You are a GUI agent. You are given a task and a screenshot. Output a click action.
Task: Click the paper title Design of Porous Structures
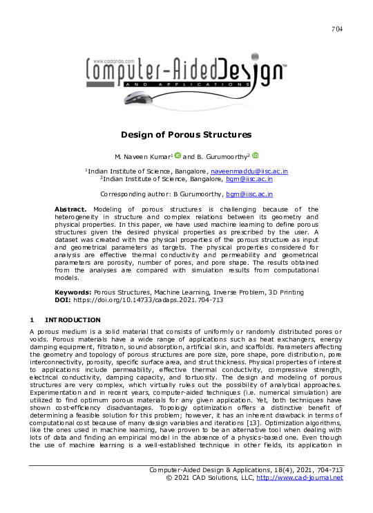[x=186, y=134]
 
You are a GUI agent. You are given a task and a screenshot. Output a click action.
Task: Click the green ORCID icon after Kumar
[x=178, y=156]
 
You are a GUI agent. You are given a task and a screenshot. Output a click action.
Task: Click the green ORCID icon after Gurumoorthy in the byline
[x=255, y=156]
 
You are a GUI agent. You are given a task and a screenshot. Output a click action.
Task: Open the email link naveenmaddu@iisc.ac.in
[x=249, y=171]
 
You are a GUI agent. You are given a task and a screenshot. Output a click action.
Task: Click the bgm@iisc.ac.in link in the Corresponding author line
[x=251, y=195]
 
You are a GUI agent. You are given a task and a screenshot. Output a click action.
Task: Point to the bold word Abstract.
[x=70, y=209]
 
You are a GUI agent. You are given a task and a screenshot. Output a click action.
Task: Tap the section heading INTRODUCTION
[x=73, y=320]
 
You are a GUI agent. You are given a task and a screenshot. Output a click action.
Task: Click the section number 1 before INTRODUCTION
[x=31, y=320]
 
